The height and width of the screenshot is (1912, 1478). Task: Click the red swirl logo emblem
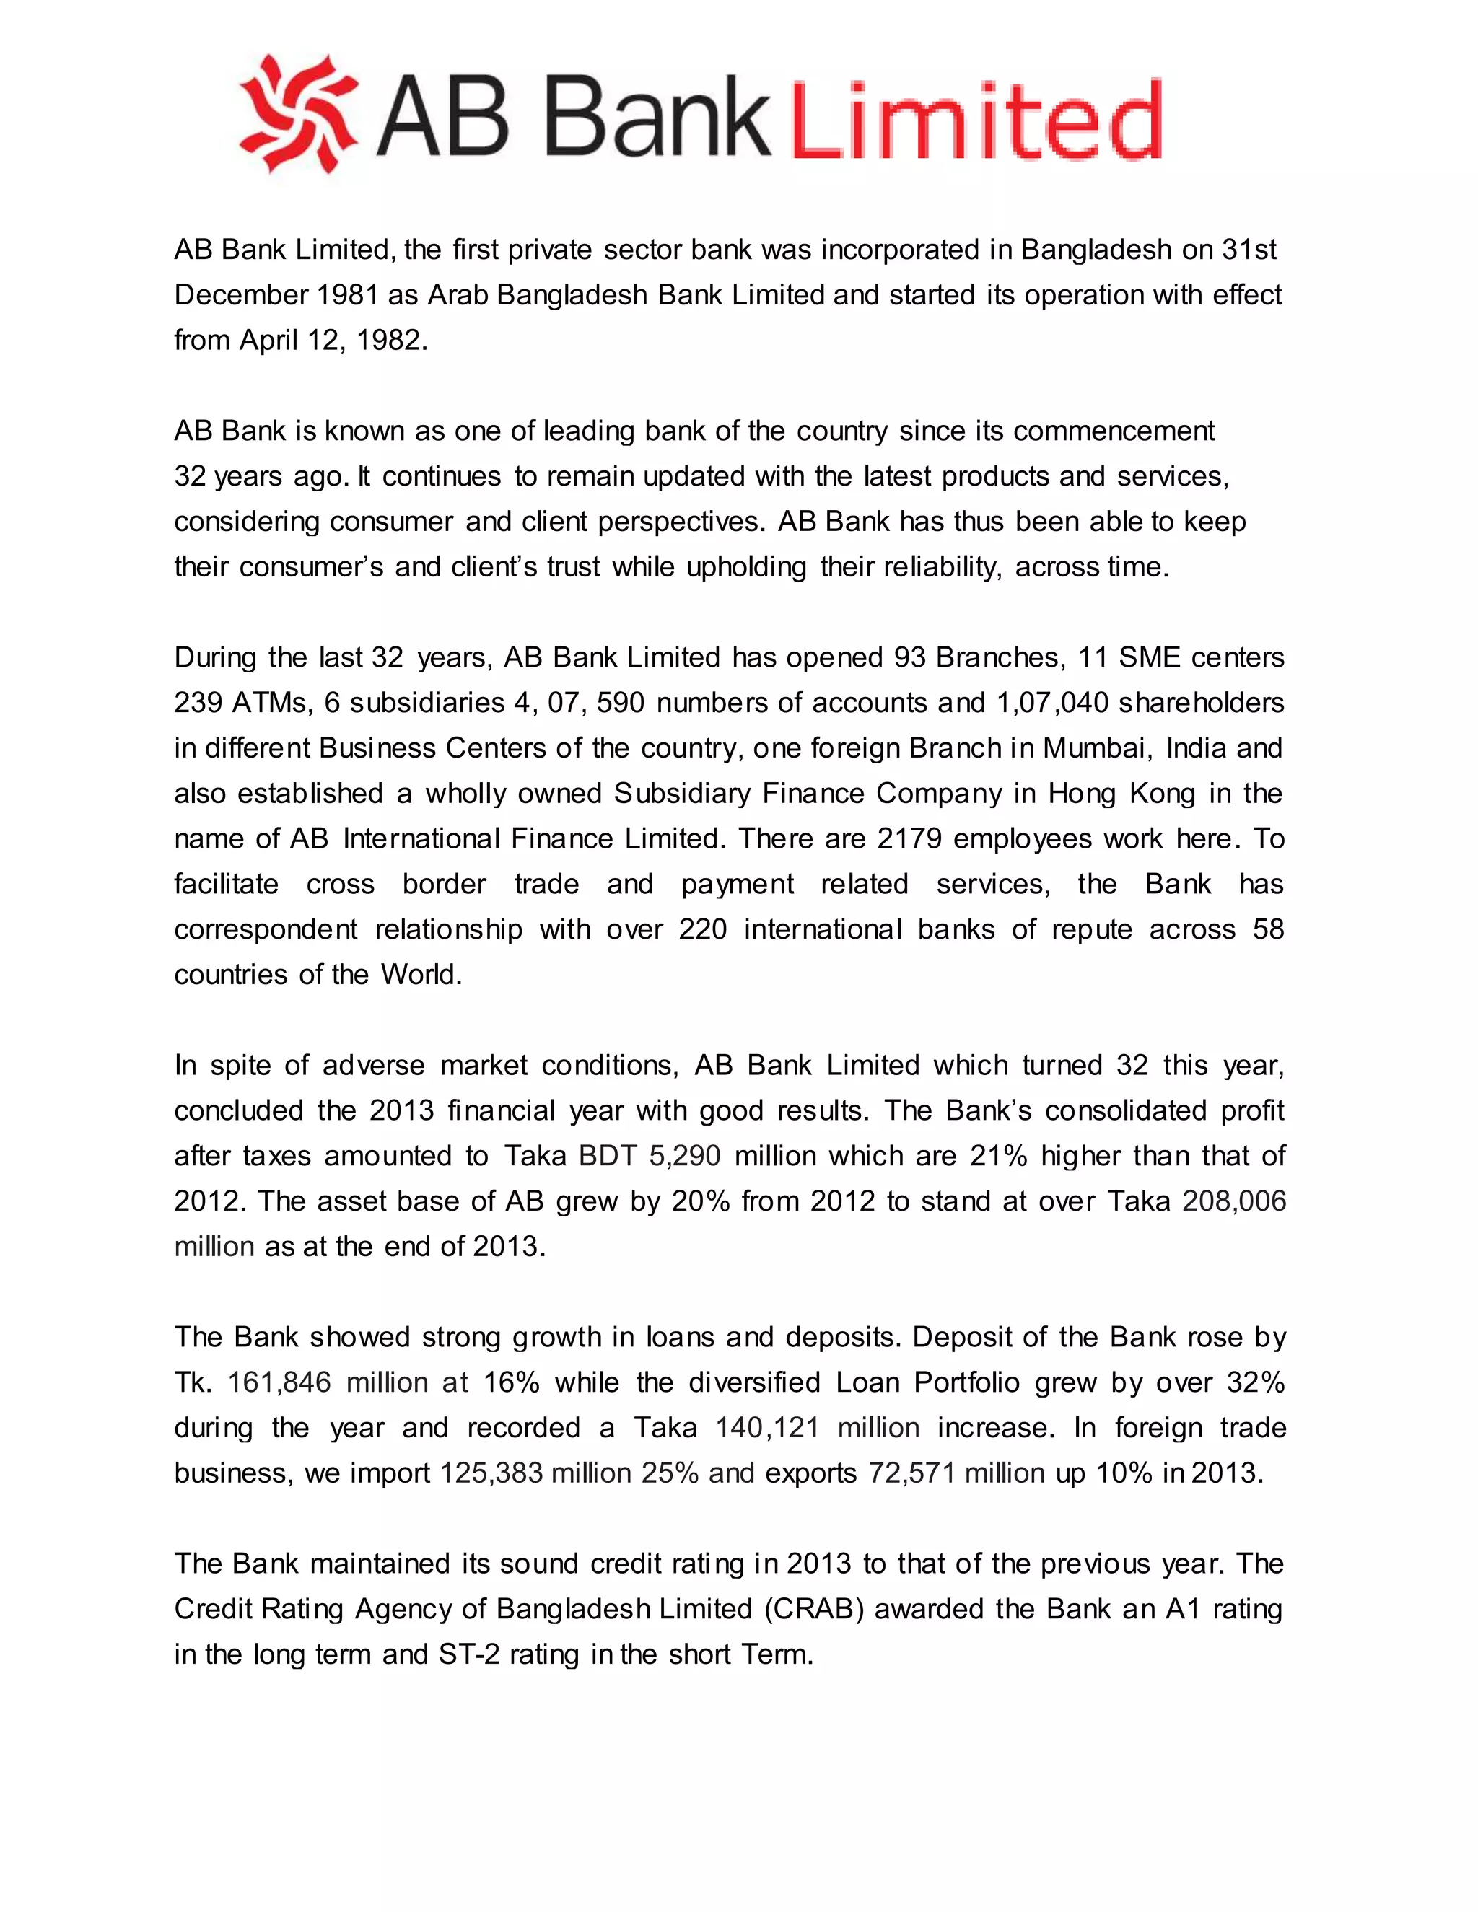click(299, 115)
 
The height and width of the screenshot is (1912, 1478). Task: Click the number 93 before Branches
click(911, 657)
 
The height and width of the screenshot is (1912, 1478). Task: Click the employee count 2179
click(910, 838)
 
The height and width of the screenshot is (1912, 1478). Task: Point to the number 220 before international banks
click(702, 930)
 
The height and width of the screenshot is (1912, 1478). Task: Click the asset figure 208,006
click(1233, 1201)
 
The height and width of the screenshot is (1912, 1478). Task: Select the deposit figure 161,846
click(279, 1382)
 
